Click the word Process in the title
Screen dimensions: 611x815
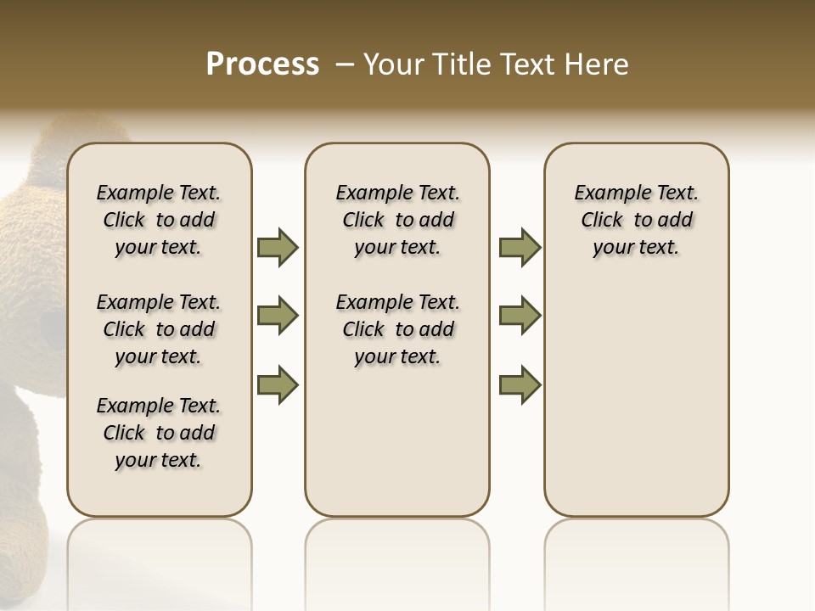point(262,64)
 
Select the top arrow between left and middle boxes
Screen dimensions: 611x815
point(278,247)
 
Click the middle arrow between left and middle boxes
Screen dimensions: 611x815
point(278,316)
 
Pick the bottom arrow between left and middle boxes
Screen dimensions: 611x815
point(278,384)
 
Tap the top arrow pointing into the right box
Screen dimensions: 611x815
point(520,247)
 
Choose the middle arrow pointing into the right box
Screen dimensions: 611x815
point(520,316)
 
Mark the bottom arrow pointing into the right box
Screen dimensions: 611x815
point(520,384)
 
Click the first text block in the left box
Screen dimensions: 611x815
point(159,220)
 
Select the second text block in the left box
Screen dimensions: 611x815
point(159,329)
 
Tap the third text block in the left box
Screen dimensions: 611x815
point(159,433)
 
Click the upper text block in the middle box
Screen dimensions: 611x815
point(397,220)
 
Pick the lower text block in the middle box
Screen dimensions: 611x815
point(397,329)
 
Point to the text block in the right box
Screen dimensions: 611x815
point(636,220)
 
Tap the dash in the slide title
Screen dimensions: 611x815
point(345,64)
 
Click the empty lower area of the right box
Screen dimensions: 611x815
point(636,399)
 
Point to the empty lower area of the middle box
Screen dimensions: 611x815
point(397,441)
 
